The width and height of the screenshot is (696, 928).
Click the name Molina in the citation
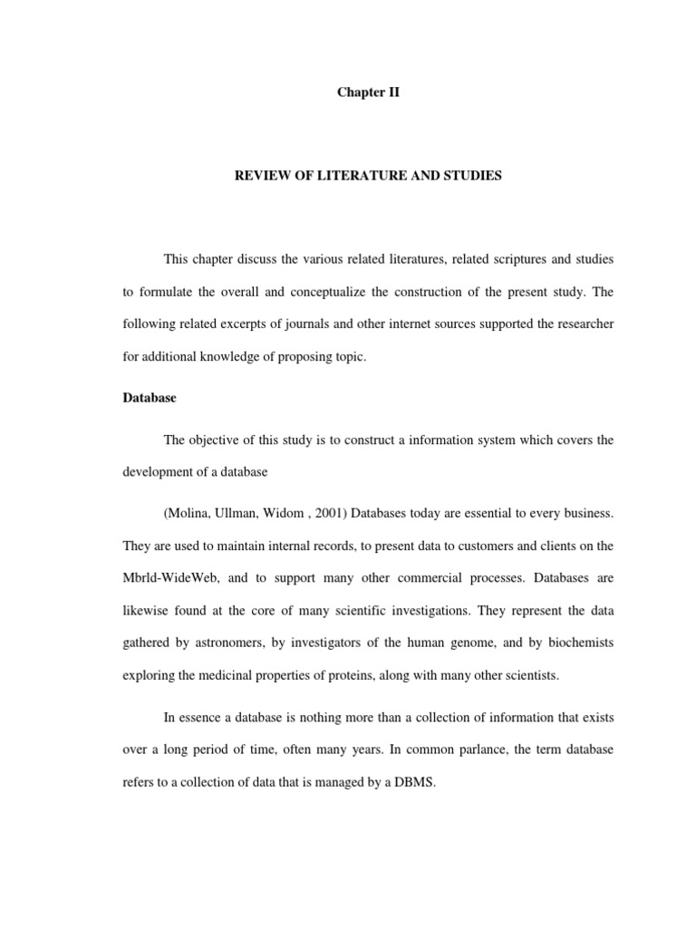coord(188,514)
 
